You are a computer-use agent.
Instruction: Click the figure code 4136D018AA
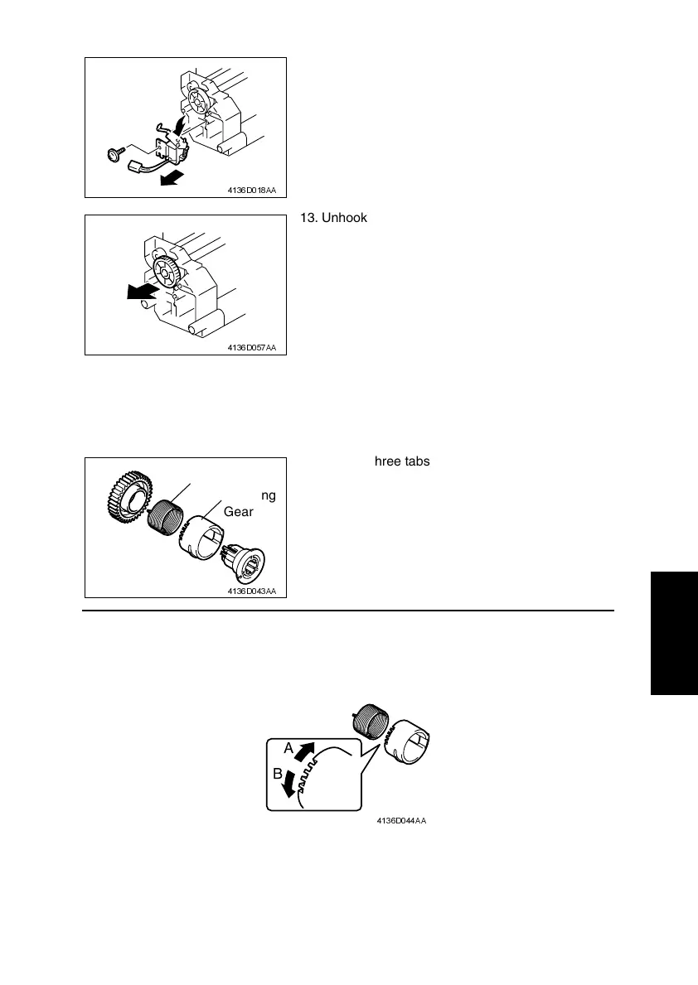coord(252,190)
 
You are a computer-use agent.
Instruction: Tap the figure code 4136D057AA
coord(252,347)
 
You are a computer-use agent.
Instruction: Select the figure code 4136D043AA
coord(252,591)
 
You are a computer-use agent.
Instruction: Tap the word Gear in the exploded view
coord(237,512)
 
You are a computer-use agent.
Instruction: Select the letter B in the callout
coord(278,775)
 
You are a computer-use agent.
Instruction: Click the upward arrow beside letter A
coord(307,753)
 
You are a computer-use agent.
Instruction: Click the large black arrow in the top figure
coord(172,178)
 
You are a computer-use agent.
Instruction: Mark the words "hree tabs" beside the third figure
coord(401,462)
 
